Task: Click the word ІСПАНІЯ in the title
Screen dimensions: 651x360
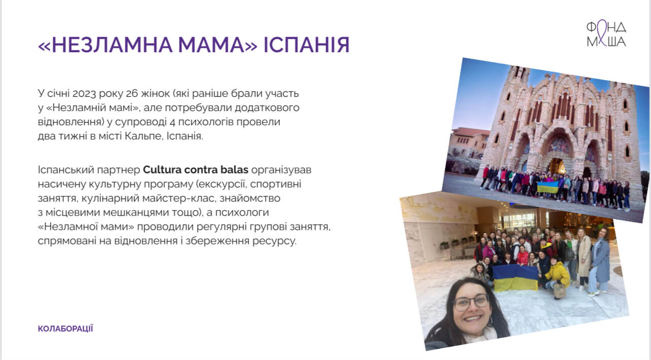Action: coord(306,45)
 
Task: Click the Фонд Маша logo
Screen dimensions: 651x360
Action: coord(606,33)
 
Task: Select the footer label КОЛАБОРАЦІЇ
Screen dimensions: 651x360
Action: coord(65,329)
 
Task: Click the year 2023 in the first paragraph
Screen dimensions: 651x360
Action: coord(84,94)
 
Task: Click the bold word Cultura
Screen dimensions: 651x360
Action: coord(162,170)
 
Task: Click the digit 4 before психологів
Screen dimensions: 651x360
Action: coord(172,122)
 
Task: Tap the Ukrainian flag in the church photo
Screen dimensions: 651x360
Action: coord(548,187)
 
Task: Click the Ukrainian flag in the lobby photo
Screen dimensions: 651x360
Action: coord(515,278)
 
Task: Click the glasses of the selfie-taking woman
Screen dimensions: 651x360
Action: coord(471,302)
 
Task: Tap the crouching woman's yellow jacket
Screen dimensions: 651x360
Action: coord(557,274)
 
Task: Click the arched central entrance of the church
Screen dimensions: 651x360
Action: coord(556,166)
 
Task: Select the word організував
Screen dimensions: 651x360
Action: coord(281,170)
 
